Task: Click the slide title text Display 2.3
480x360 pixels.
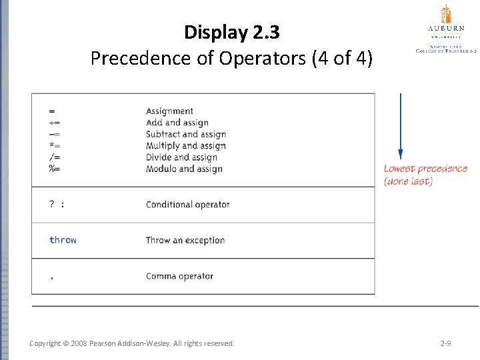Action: [232, 32]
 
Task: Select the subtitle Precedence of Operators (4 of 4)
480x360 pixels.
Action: [231, 59]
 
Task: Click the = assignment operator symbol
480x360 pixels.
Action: [52, 111]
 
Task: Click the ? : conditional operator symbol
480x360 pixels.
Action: [57, 204]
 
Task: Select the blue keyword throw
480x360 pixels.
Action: [63, 240]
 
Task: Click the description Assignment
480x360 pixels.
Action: [169, 111]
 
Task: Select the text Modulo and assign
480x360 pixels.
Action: [184, 169]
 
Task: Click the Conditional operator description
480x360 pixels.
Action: [187, 204]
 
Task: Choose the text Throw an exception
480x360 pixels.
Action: [185, 240]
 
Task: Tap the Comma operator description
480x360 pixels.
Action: [179, 276]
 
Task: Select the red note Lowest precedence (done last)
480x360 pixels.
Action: [425, 175]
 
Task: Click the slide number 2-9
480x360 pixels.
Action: [447, 343]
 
